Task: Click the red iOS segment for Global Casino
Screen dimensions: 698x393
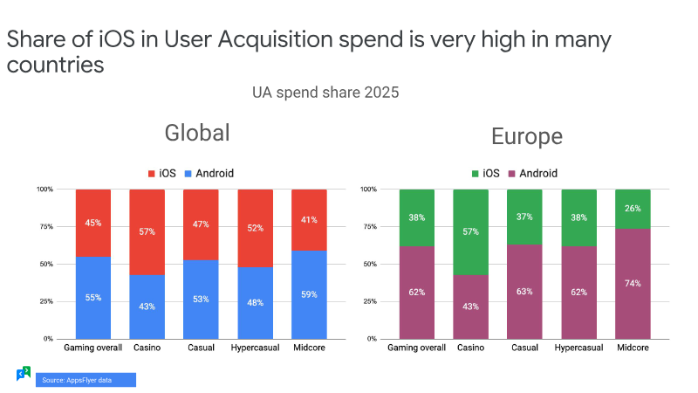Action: tap(147, 232)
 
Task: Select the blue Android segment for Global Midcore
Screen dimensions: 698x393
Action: tap(309, 294)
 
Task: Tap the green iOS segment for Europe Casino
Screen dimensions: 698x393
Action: tap(470, 232)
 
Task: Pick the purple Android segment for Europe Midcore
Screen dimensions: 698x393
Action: tap(633, 284)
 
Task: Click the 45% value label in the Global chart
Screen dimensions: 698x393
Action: tap(93, 223)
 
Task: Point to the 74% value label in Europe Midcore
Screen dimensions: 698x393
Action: tap(633, 283)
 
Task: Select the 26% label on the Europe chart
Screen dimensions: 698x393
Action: tap(633, 209)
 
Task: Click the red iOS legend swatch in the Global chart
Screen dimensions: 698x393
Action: tap(151, 173)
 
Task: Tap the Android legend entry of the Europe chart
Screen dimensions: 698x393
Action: tap(533, 173)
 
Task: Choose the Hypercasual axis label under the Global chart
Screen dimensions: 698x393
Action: tap(255, 348)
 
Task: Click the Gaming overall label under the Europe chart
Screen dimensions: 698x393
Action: tap(416, 348)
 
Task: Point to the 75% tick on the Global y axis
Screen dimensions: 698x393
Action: tap(46, 226)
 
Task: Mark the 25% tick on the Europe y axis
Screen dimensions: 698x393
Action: tap(370, 301)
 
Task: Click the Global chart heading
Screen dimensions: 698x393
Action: tap(197, 133)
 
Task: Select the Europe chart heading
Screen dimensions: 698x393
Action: tap(527, 136)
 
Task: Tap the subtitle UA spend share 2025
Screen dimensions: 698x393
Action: tap(325, 93)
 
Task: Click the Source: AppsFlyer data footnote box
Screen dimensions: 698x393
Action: tap(86, 380)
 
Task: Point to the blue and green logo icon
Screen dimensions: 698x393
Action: tap(24, 374)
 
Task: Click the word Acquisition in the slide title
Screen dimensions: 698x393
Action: tap(275, 39)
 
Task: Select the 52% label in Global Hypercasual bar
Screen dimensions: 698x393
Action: tap(255, 228)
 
